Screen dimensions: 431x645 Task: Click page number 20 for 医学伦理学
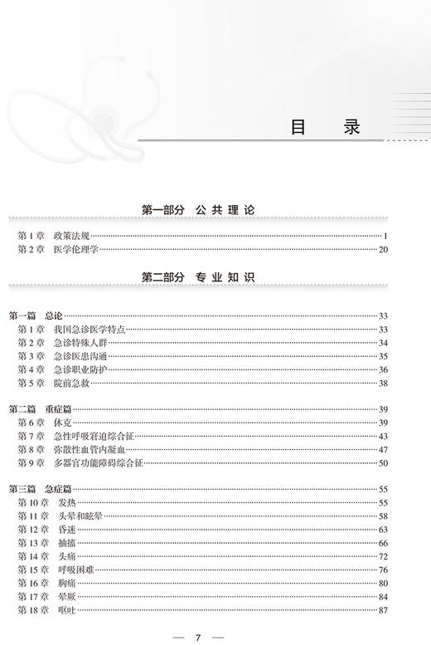coord(383,249)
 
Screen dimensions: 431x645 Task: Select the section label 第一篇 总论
coord(35,316)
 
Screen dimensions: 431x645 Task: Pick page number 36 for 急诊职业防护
coord(383,369)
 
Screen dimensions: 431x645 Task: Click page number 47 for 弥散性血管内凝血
coord(383,449)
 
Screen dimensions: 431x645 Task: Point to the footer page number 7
coord(199,637)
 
